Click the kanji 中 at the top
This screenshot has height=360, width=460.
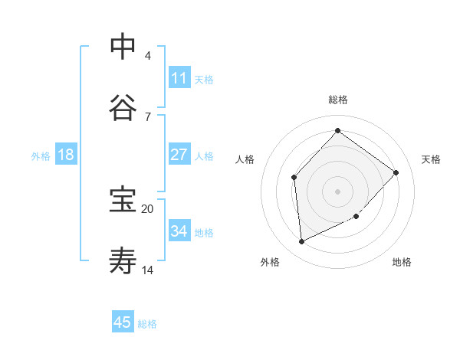(123, 47)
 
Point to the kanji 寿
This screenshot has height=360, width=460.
(123, 261)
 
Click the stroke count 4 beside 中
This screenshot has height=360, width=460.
(147, 55)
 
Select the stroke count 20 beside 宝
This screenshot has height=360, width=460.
(147, 208)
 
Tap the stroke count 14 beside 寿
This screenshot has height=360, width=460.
(147, 270)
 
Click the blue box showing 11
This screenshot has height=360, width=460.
(179, 78)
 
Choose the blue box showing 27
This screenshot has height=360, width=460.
(179, 155)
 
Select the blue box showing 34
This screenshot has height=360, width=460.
(179, 231)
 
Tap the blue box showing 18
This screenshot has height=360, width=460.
(66, 155)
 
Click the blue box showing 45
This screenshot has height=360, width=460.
(123, 322)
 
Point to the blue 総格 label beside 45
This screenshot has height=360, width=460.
(147, 324)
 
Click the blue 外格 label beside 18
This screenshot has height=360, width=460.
(41, 156)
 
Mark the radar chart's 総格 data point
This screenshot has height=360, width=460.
(337, 131)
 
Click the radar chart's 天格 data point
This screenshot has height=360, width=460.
(396, 172)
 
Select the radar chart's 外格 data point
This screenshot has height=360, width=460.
(301, 241)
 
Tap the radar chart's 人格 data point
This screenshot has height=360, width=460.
(294, 177)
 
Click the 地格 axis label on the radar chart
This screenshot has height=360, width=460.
(402, 262)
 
